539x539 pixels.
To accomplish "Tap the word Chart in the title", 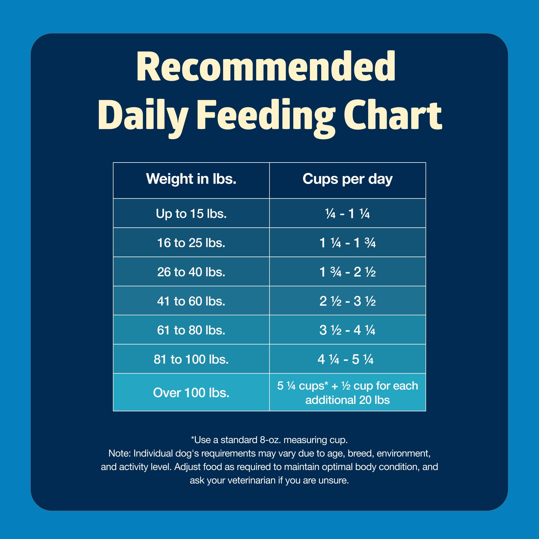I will (393, 115).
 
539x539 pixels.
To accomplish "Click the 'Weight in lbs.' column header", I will (191, 179).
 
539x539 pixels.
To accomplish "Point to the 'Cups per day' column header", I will (347, 179).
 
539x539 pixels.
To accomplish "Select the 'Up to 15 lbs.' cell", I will (191, 214).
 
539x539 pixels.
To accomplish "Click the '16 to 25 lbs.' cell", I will (191, 243).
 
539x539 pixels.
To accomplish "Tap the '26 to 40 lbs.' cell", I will (191, 272).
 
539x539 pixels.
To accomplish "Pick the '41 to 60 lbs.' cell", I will (191, 301).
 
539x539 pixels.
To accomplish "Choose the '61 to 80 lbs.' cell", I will (191, 330).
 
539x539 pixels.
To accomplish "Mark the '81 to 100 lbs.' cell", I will (191, 359).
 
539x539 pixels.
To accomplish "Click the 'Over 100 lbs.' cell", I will (191, 392).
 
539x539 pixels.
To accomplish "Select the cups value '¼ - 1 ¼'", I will (347, 214).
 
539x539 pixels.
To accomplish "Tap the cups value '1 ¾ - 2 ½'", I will (347, 272).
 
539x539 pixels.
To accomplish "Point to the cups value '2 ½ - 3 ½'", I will (347, 301).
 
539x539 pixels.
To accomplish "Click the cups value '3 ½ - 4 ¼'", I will (347, 330).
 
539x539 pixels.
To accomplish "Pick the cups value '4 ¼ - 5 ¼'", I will (345, 359).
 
